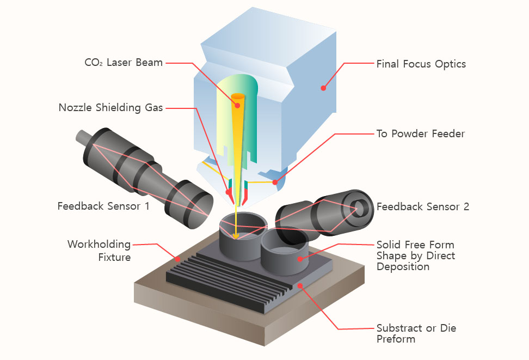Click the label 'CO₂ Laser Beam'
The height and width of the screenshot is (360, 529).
click(x=124, y=63)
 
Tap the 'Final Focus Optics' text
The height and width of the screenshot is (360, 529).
click(x=421, y=64)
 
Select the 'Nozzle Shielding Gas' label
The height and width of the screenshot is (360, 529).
click(x=110, y=108)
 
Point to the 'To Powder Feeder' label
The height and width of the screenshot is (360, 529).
click(x=420, y=133)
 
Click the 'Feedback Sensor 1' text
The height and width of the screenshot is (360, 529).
click(x=103, y=206)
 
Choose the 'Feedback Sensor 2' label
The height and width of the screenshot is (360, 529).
click(x=422, y=207)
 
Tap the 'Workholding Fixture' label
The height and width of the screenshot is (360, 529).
click(x=99, y=251)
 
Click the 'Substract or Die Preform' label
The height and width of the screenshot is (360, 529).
click(x=416, y=333)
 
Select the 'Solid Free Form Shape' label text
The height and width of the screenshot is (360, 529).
click(x=415, y=255)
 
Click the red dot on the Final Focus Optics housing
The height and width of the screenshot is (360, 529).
click(x=323, y=87)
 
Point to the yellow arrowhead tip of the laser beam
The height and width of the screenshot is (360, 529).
click(x=236, y=237)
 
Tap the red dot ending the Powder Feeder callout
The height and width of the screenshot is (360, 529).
click(x=275, y=182)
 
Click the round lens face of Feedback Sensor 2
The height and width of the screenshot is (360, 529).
click(x=359, y=208)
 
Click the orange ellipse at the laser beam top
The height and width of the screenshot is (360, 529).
click(x=238, y=97)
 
